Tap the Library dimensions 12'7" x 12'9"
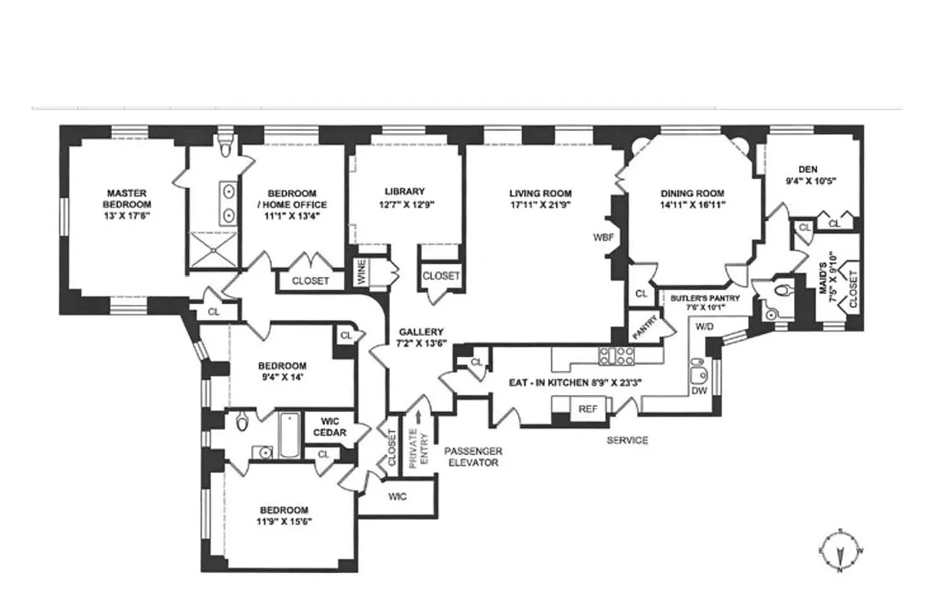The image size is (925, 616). tap(405, 206)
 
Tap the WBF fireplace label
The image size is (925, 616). tap(603, 237)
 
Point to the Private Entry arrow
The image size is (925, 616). tap(419, 417)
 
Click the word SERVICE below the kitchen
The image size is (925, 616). tap(627, 440)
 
